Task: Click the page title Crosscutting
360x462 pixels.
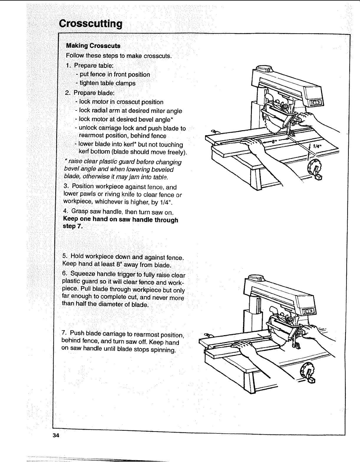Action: tap(90, 23)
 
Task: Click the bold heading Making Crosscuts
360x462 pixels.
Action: tap(93, 46)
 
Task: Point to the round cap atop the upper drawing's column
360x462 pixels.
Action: tap(264, 69)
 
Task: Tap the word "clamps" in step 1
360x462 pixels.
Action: tap(126, 83)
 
